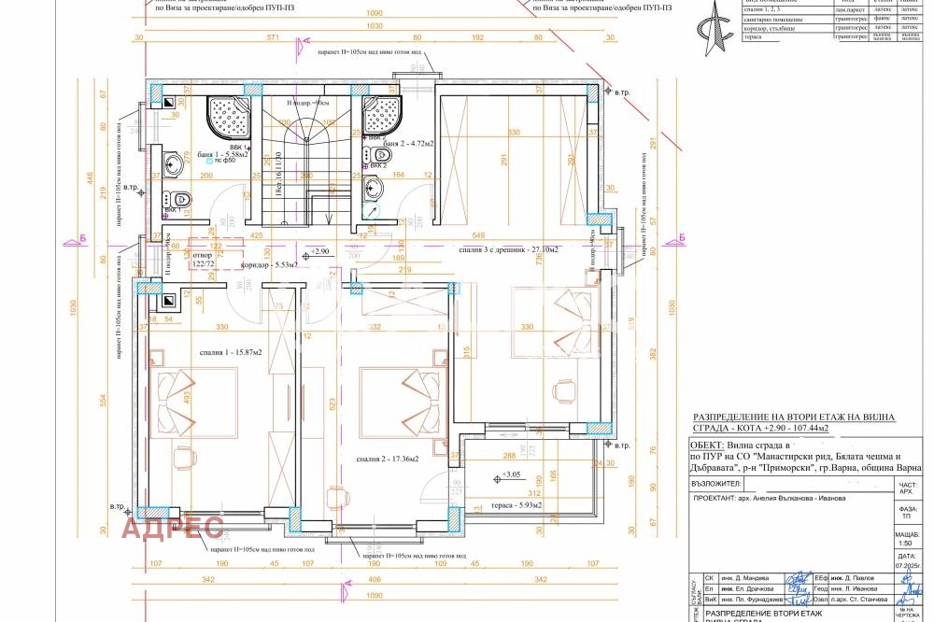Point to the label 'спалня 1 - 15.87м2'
pos(229,351)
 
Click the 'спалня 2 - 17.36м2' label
pos(385,459)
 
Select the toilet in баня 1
pos(179,198)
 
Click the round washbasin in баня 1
pos(175,165)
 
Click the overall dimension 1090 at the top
pos(374,14)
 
